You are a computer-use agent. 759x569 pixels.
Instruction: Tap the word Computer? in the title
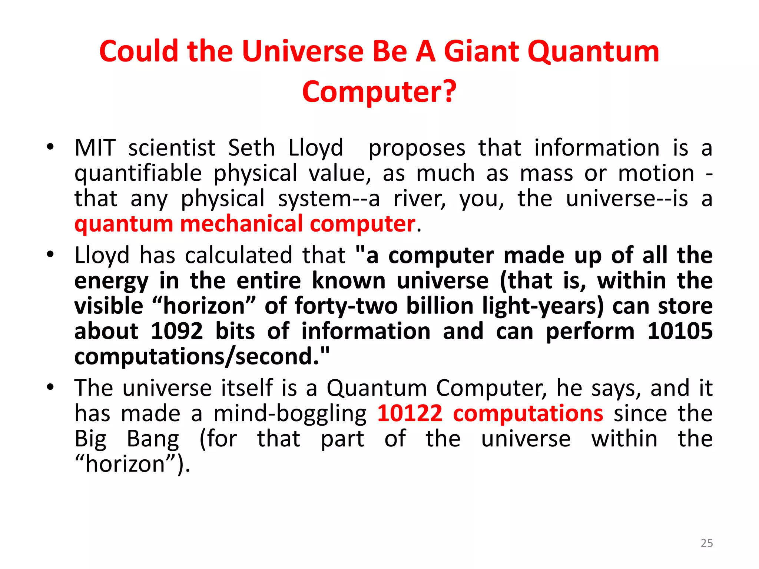pyautogui.click(x=379, y=92)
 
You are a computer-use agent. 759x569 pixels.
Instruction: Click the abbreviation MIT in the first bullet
pyautogui.click(x=95, y=148)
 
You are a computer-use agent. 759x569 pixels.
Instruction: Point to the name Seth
pyautogui.click(x=251, y=148)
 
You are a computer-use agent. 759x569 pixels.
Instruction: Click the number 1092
pyautogui.click(x=177, y=331)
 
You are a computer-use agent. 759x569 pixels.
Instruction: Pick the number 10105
pyautogui.click(x=680, y=331)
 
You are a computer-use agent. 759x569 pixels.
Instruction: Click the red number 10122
pyautogui.click(x=410, y=413)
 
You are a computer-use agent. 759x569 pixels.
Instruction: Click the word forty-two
pyautogui.click(x=346, y=306)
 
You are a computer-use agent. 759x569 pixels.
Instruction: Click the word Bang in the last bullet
pyautogui.click(x=153, y=439)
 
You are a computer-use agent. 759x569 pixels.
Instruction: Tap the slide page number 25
pyautogui.click(x=706, y=543)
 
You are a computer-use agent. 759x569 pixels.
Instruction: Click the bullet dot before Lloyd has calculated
pyautogui.click(x=50, y=254)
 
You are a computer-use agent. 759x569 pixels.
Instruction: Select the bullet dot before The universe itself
pyautogui.click(x=50, y=387)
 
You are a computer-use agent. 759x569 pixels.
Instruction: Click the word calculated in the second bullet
pyautogui.click(x=239, y=256)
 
